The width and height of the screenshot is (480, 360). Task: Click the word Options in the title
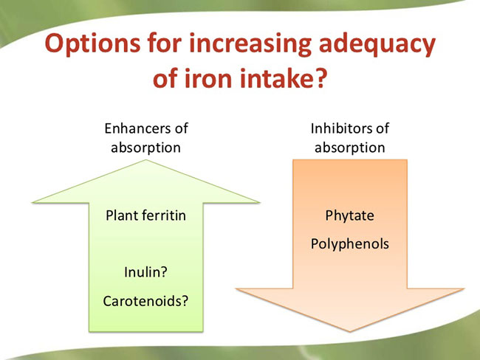point(92,44)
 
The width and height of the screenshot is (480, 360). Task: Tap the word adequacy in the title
point(377,44)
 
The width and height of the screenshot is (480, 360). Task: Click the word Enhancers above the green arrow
point(137,128)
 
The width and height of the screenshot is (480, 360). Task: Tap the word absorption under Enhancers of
point(145,148)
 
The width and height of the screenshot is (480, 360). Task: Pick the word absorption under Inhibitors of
point(349,148)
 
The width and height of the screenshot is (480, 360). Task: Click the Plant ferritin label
point(145,215)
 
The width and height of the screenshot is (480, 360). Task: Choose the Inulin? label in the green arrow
point(145,272)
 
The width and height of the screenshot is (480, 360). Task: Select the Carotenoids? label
point(145,301)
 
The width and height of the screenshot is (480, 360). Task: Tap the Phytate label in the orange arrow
point(349,216)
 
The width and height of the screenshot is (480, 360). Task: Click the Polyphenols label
point(349,244)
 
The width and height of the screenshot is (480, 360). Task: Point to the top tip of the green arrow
point(146,160)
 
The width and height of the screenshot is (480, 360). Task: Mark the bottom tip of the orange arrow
point(350,331)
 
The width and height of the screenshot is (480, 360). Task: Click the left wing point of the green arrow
point(33,202)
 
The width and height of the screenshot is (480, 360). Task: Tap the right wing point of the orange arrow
point(464,288)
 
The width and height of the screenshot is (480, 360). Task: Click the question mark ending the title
point(319,77)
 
